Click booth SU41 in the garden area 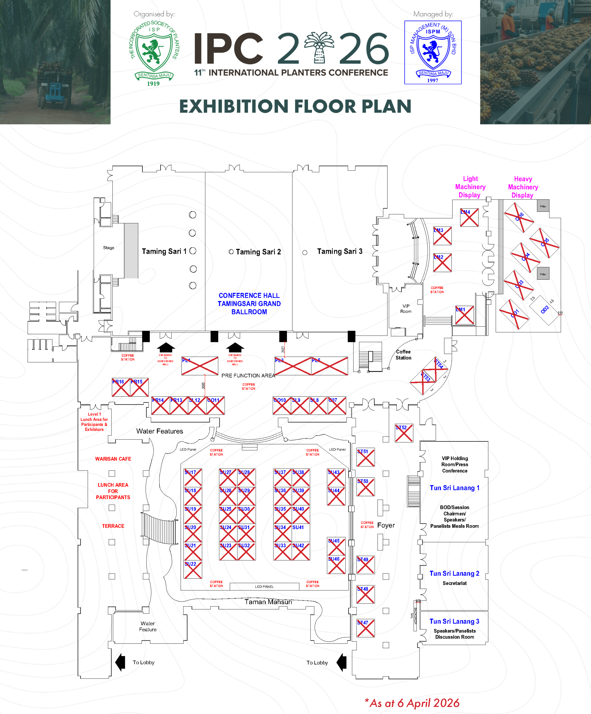(x=301, y=532)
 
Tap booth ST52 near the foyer (x=404, y=433)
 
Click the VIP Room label (x=406, y=309)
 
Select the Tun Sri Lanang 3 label (x=454, y=621)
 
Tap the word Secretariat (x=454, y=583)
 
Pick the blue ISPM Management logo (x=433, y=52)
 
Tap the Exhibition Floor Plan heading (x=295, y=107)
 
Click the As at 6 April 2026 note (x=412, y=703)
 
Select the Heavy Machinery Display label (x=523, y=187)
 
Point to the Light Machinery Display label (x=470, y=187)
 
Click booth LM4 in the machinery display (x=469, y=218)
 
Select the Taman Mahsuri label (x=268, y=602)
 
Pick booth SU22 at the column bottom (x=193, y=570)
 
